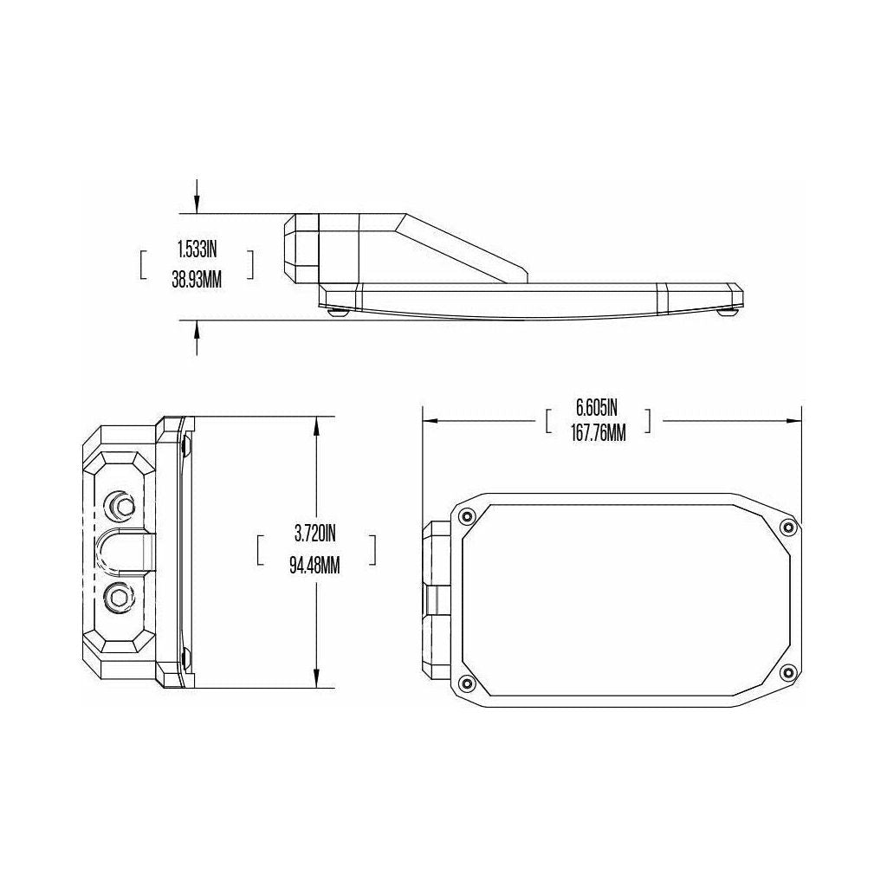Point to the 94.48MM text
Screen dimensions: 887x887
click(316, 566)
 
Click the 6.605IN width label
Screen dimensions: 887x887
click(599, 406)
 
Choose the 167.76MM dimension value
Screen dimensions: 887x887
click(599, 433)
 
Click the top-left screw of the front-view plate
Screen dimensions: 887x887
click(468, 517)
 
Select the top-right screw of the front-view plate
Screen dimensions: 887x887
click(787, 528)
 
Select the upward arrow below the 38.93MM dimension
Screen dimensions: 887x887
click(197, 329)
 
